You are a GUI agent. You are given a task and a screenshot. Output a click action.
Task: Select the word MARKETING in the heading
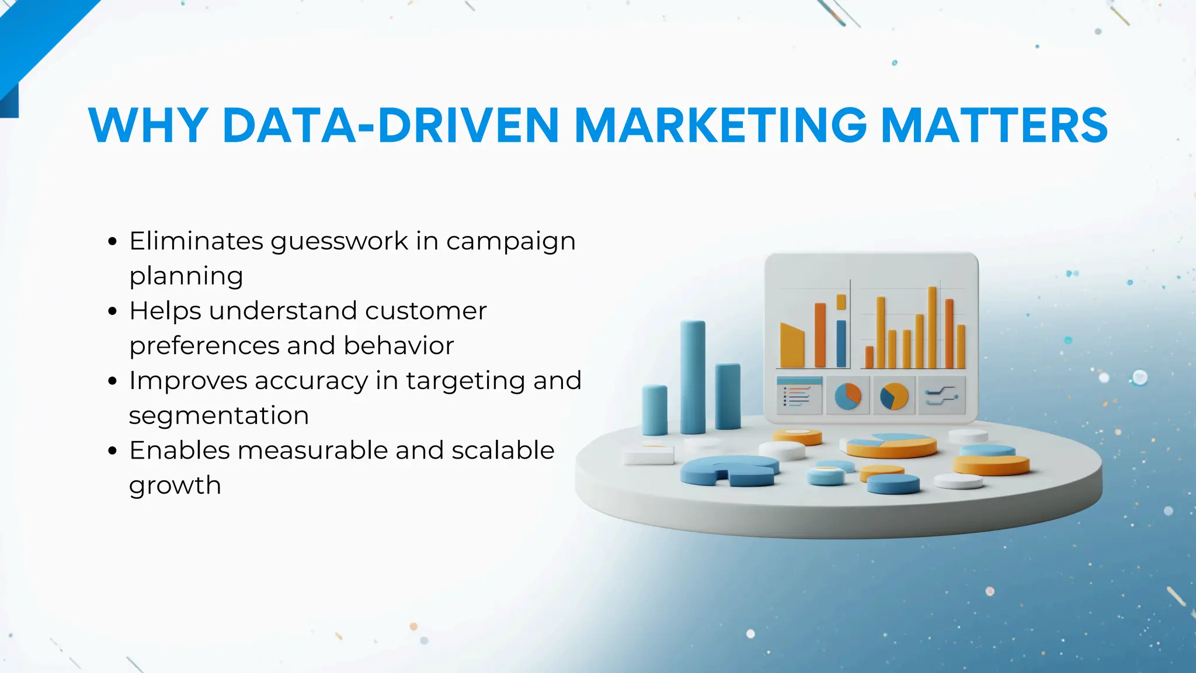(x=721, y=125)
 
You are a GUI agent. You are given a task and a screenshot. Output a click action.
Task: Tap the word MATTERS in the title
(x=994, y=125)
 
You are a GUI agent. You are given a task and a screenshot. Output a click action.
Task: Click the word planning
(x=186, y=276)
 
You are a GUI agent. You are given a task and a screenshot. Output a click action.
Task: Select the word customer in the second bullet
(x=426, y=311)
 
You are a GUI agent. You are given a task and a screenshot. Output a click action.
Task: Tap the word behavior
(x=399, y=345)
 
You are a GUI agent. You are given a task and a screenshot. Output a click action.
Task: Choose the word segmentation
(x=218, y=415)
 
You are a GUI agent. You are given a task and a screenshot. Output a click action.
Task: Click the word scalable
(x=503, y=450)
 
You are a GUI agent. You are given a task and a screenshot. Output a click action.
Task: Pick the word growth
(x=175, y=485)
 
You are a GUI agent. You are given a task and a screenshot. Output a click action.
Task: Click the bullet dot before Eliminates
(x=113, y=241)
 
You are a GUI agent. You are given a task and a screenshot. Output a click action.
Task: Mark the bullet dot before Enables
(x=113, y=451)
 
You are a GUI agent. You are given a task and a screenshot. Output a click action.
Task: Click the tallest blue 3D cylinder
(x=693, y=377)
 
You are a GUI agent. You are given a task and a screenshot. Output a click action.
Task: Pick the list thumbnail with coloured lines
(x=798, y=396)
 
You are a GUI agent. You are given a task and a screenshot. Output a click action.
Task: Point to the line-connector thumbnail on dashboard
(x=941, y=396)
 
